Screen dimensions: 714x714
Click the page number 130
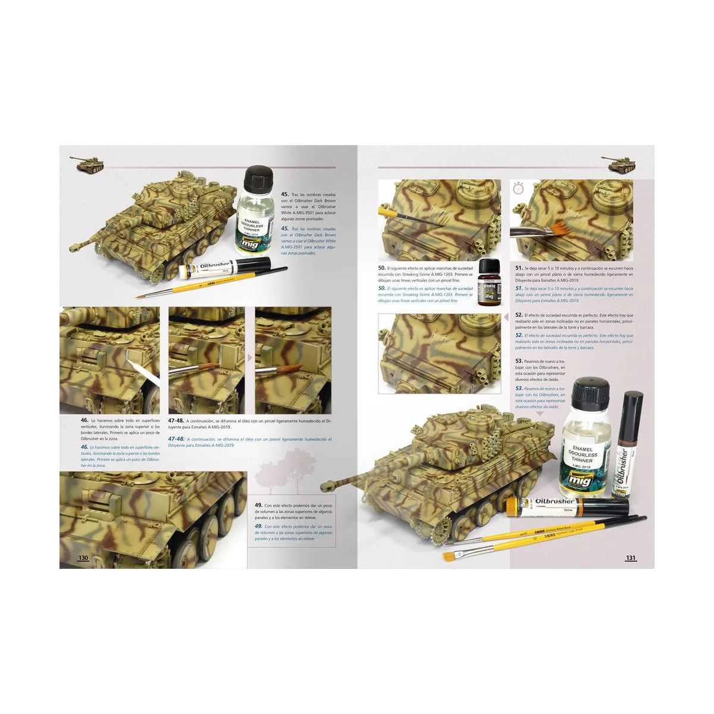83,558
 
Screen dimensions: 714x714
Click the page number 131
631,558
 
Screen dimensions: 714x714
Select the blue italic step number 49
258,527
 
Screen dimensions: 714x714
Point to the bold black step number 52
519,315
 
